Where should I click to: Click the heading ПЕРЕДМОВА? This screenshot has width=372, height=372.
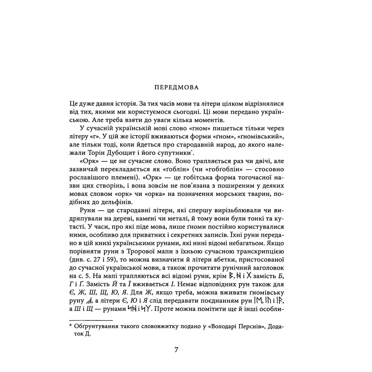176,88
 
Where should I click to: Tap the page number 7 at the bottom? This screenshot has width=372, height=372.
176,350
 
